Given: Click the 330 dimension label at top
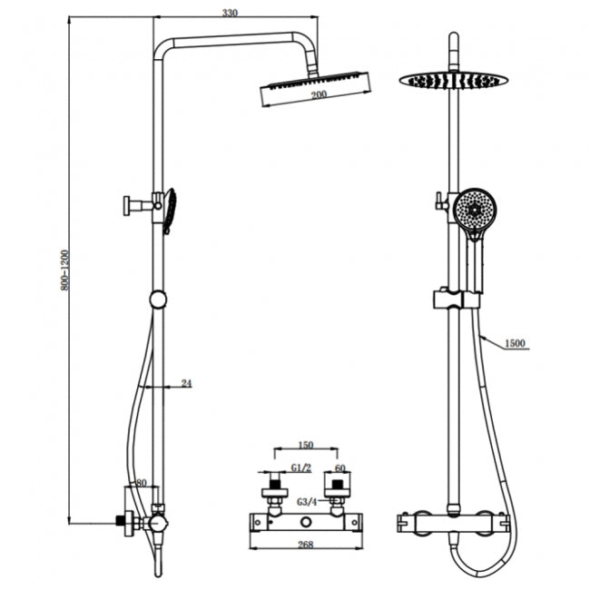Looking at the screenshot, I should click(230, 12).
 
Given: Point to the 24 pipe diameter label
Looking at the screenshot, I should click(187, 384).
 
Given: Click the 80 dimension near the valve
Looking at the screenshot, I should click(141, 483).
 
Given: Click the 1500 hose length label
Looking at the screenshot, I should click(514, 342).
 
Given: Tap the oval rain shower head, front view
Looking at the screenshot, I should click(453, 80).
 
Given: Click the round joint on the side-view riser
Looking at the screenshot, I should click(158, 300).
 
